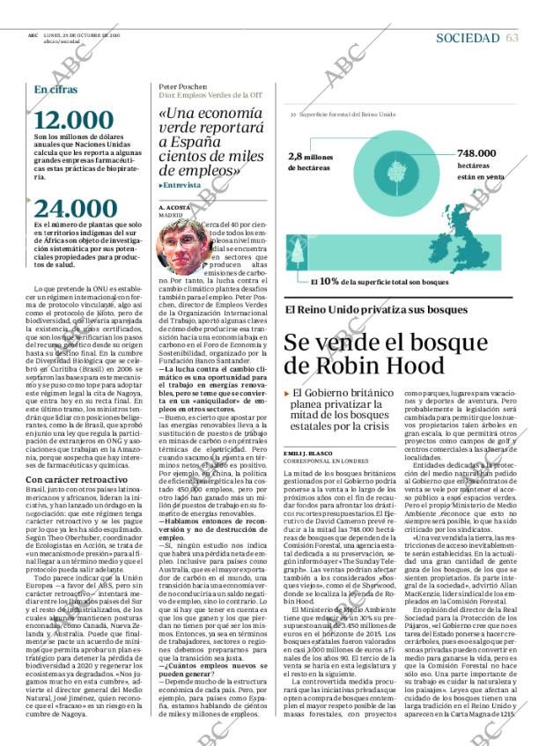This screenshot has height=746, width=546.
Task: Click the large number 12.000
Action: pyautogui.click(x=74, y=121)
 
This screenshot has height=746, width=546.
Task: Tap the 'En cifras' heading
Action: pyautogui.click(x=55, y=89)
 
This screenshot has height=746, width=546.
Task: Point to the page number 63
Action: pyautogui.click(x=513, y=38)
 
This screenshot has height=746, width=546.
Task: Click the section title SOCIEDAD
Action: pyautogui.click(x=468, y=38)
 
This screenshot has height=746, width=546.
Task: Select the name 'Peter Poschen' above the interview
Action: pyautogui.click(x=182, y=87)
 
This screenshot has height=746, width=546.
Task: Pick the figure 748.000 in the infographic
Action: pyautogui.click(x=476, y=153)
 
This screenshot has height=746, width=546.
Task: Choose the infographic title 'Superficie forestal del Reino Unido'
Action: pyautogui.click(x=347, y=115)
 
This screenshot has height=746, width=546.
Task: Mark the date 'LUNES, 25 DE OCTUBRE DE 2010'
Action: pyautogui.click(x=75, y=36)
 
